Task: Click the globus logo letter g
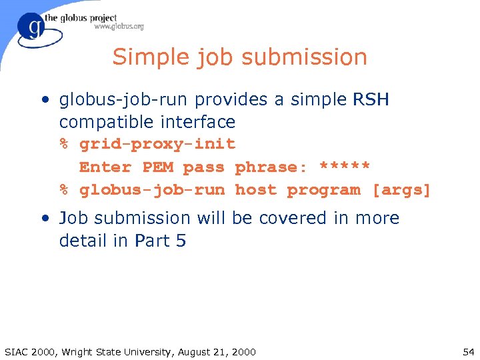[x=35, y=29]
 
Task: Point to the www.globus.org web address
[x=119, y=27]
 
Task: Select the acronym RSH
[x=370, y=100]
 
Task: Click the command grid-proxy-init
[x=157, y=145]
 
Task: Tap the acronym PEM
[x=157, y=167]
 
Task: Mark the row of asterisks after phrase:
[x=345, y=166]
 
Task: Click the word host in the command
[x=255, y=190]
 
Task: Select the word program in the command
[x=323, y=190]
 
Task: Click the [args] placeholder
[x=401, y=190]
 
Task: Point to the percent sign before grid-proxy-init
[x=65, y=145]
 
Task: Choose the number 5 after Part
[x=181, y=241]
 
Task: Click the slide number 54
[x=467, y=351]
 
